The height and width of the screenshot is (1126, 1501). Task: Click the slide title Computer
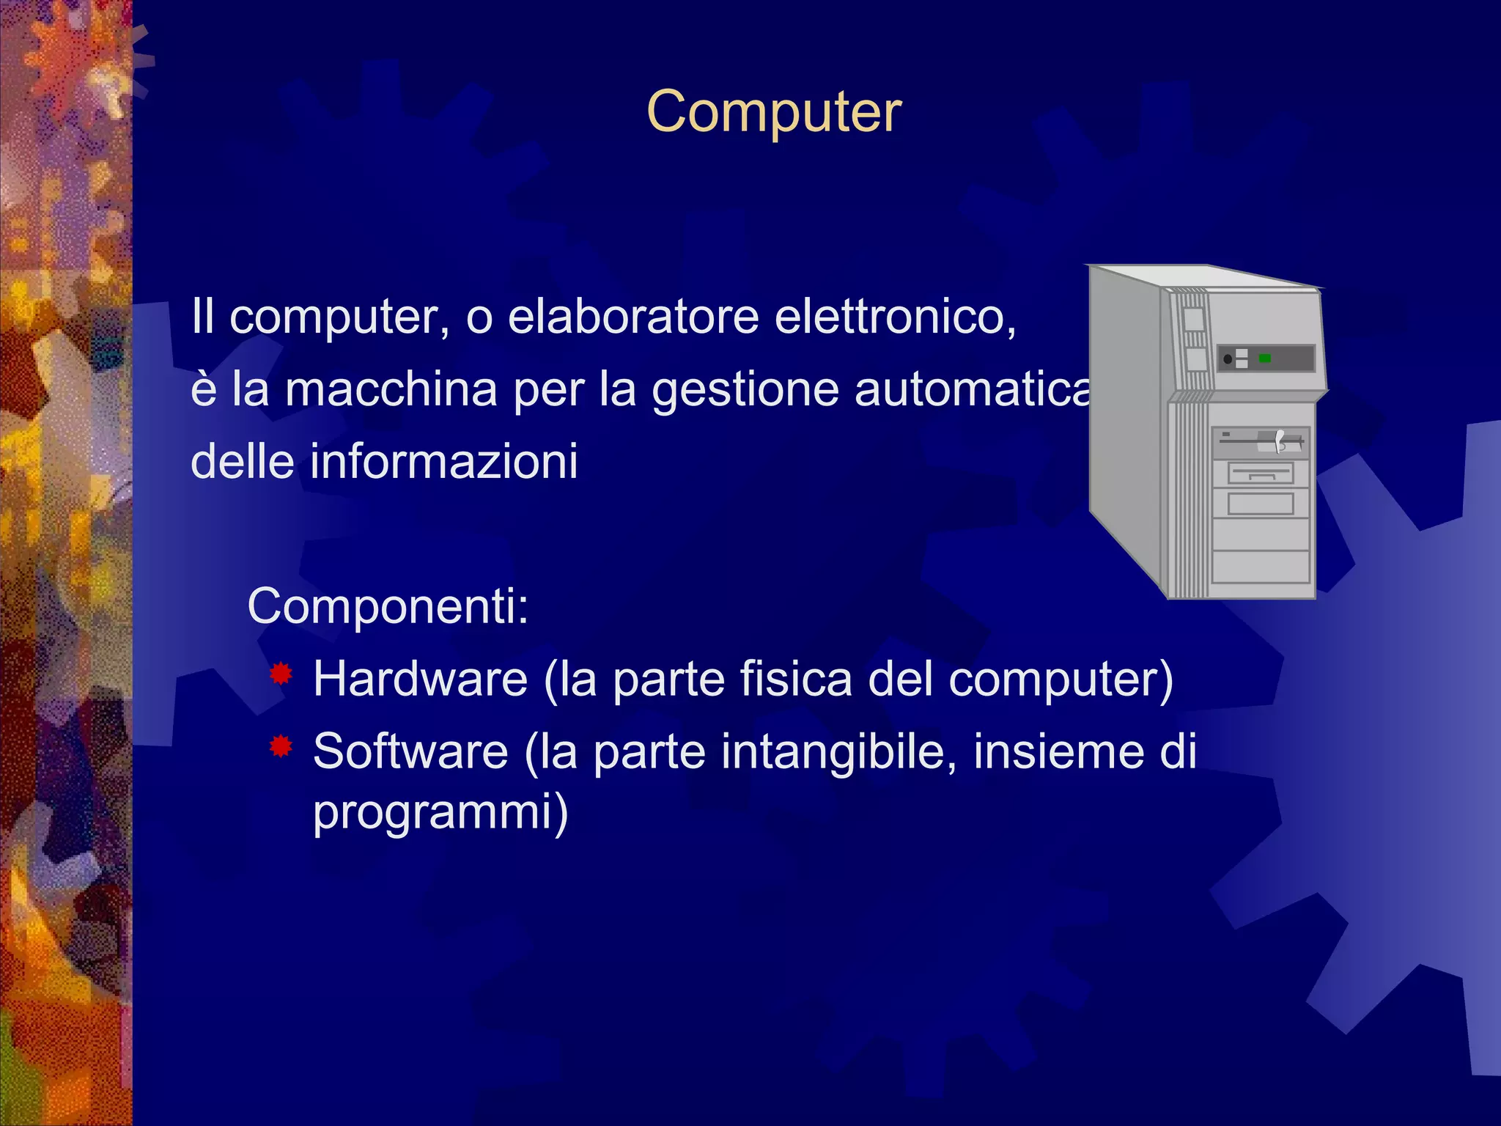[x=774, y=112]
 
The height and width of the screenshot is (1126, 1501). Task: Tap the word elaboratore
[x=634, y=317]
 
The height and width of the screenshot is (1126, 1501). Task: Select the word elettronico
[x=895, y=317]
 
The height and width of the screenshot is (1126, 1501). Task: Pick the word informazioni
[x=444, y=462]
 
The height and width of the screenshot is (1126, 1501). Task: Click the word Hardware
[x=420, y=679]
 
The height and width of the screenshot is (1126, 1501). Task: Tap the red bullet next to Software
[x=281, y=747]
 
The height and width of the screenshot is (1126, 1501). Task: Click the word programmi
[x=440, y=812]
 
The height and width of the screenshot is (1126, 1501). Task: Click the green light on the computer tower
[x=1264, y=358]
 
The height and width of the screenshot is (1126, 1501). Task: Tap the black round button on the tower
[x=1228, y=359]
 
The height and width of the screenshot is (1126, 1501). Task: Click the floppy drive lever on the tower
[x=1280, y=441]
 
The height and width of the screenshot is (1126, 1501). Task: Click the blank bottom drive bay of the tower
[x=1261, y=566]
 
